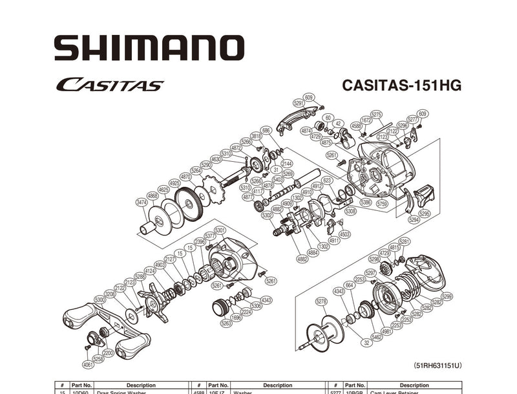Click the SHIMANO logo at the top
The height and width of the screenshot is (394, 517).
point(149,48)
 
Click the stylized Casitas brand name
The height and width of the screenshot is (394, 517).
point(109,85)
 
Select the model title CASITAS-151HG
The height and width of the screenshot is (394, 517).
point(401,85)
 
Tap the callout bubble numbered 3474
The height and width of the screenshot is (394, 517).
point(142,202)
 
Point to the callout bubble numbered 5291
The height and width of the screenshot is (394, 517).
point(299,102)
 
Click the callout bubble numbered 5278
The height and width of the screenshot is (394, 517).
point(321,301)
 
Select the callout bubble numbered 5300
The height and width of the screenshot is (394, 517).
point(100,300)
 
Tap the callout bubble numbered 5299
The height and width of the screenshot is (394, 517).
point(447,296)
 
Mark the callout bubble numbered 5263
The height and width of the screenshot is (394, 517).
point(226,322)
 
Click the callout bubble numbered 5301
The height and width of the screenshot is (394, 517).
point(220,230)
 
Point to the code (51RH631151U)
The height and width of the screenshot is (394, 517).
point(438,366)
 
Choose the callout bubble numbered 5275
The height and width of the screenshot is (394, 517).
point(376,114)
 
